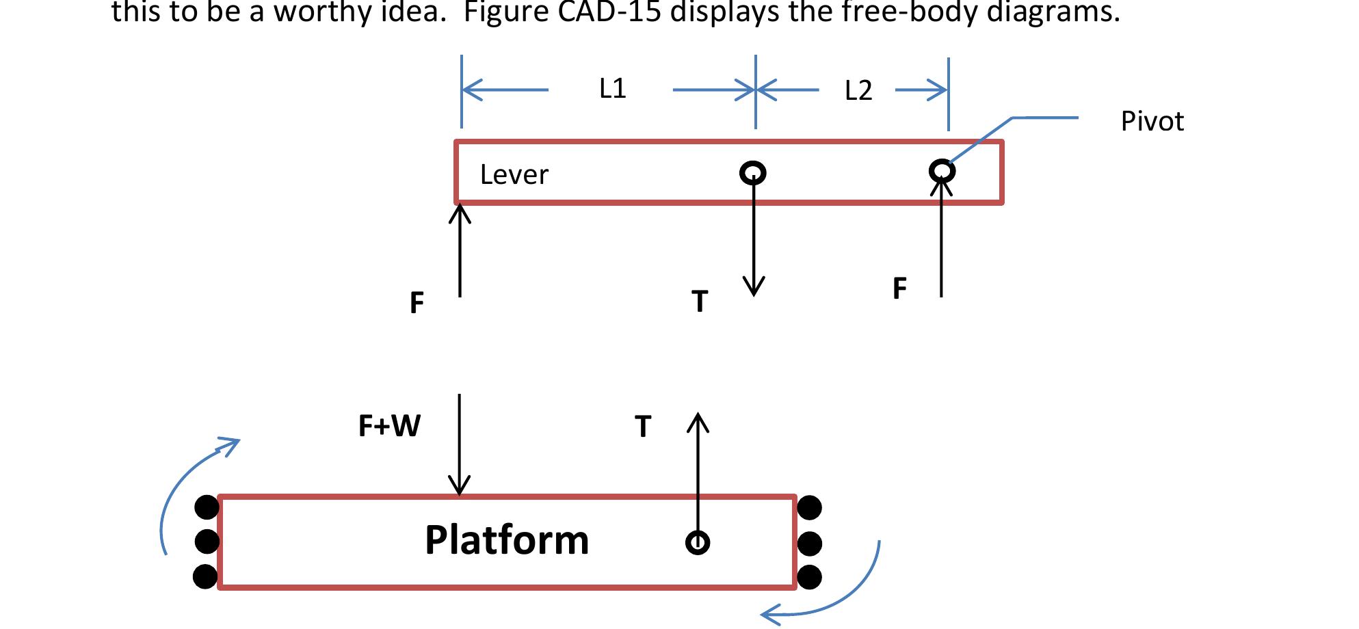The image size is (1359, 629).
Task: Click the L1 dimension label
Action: tap(612, 89)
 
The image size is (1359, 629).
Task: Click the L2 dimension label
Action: tap(858, 91)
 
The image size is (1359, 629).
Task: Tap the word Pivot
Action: tap(1152, 122)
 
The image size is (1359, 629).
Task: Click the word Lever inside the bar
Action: tap(514, 175)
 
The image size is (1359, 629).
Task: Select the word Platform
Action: tap(507, 540)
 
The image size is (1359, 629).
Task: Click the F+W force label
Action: tap(389, 427)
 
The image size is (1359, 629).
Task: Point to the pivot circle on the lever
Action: tap(942, 170)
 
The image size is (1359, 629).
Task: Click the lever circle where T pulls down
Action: tap(753, 172)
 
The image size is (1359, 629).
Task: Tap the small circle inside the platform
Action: tap(698, 543)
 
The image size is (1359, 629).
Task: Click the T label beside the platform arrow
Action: tap(643, 427)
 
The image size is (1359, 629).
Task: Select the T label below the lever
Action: tap(699, 302)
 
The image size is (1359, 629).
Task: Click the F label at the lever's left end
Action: tap(417, 303)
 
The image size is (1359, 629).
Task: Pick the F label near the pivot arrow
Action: tap(899, 289)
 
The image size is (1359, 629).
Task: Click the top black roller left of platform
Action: tap(207, 507)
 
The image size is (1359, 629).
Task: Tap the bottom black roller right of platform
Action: tap(810, 577)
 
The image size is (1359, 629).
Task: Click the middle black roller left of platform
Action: tap(207, 541)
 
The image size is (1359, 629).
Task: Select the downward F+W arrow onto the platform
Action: tap(460, 444)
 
